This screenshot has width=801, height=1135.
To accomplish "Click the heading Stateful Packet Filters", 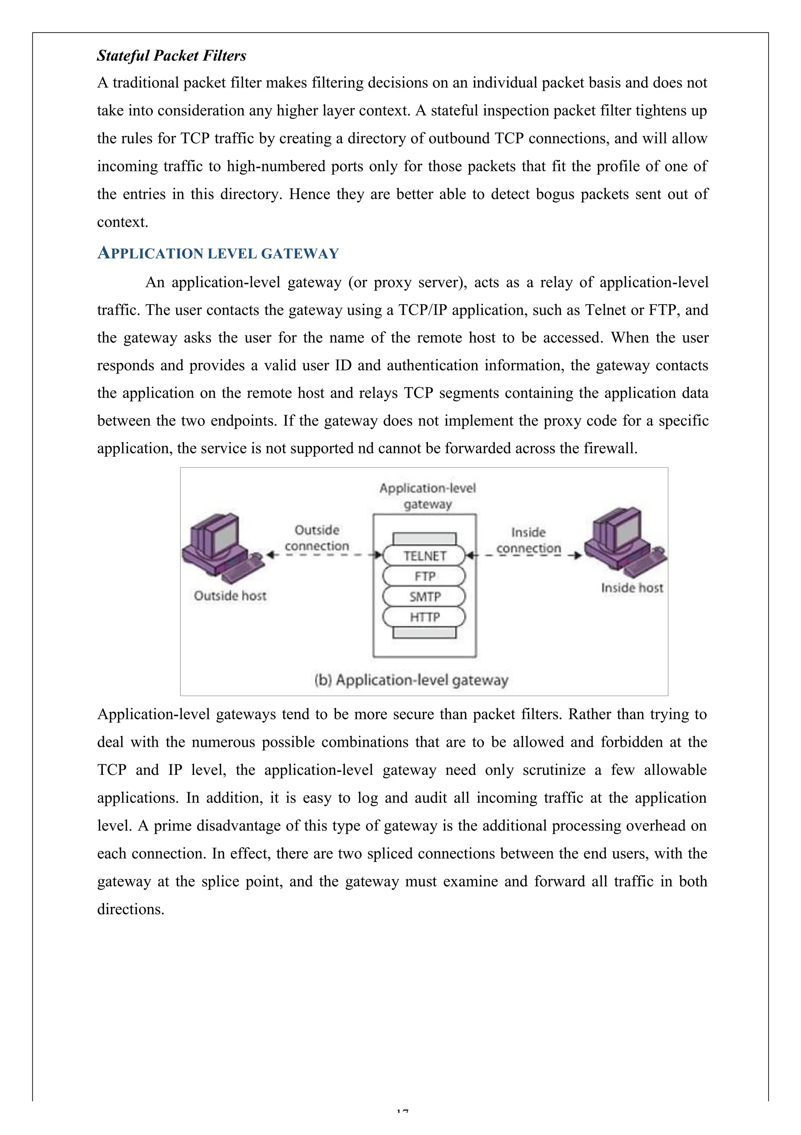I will [x=171, y=55].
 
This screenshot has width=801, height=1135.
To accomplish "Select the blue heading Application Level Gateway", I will [x=218, y=253].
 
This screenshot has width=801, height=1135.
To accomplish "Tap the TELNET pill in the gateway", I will [x=424, y=556].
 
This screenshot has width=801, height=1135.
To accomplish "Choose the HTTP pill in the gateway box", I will [x=424, y=616].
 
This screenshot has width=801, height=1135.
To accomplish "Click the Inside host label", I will [x=632, y=588].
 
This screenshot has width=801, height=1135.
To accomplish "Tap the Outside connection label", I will [x=317, y=538].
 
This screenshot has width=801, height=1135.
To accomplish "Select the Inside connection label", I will [x=528, y=540].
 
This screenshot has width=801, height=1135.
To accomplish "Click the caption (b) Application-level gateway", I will [x=411, y=680].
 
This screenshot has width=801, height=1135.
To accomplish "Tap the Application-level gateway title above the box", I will [x=427, y=496].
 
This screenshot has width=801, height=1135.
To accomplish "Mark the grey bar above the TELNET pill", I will [x=424, y=538].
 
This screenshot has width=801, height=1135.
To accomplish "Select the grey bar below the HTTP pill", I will [x=424, y=633].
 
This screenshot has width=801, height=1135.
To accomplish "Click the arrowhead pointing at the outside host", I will [x=270, y=555].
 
